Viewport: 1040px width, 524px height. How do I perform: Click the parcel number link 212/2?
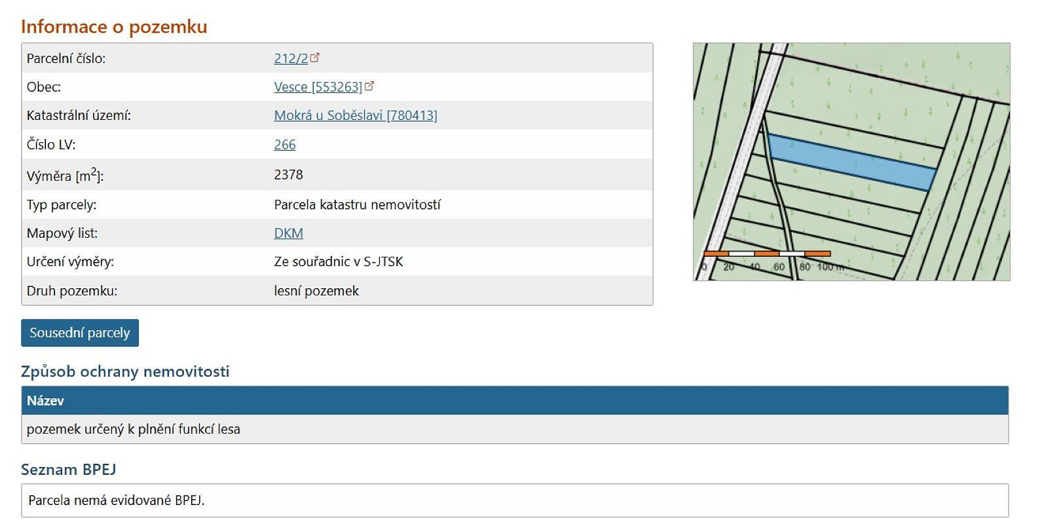[291, 58]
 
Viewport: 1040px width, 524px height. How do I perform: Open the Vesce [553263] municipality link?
[318, 87]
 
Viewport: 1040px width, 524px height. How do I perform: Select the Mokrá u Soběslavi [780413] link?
[356, 115]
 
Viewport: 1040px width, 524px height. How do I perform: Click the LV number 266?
[285, 145]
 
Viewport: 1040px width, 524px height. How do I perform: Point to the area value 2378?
[288, 175]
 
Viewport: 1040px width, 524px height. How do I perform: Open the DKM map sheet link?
[288, 233]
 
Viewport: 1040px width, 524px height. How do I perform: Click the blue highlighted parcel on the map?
[852, 162]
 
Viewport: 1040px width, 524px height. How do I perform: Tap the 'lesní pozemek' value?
[316, 291]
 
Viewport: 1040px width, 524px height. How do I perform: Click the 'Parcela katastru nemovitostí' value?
[357, 205]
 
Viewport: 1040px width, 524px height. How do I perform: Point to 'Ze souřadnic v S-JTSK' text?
[339, 261]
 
